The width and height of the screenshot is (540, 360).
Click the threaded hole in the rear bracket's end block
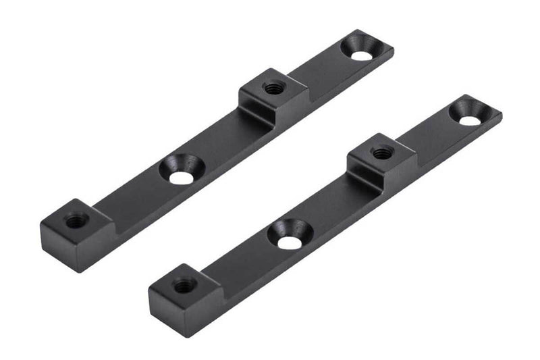point(76,220)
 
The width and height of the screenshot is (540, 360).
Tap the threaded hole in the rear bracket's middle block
point(273,87)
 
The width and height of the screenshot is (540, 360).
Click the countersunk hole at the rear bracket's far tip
point(362,54)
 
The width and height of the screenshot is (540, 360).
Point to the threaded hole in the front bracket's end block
point(184,285)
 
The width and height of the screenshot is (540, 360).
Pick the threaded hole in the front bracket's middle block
point(382,153)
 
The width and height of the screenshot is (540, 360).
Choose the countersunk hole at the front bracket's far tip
point(470,119)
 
